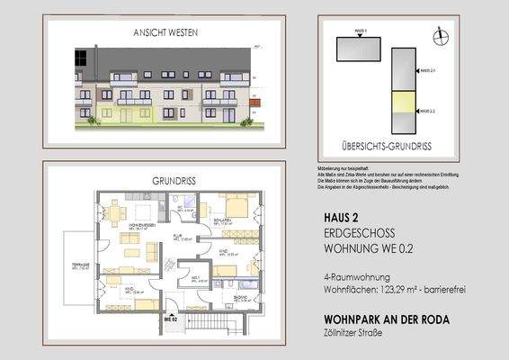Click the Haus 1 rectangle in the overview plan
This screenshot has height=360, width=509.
click(x=361, y=47)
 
